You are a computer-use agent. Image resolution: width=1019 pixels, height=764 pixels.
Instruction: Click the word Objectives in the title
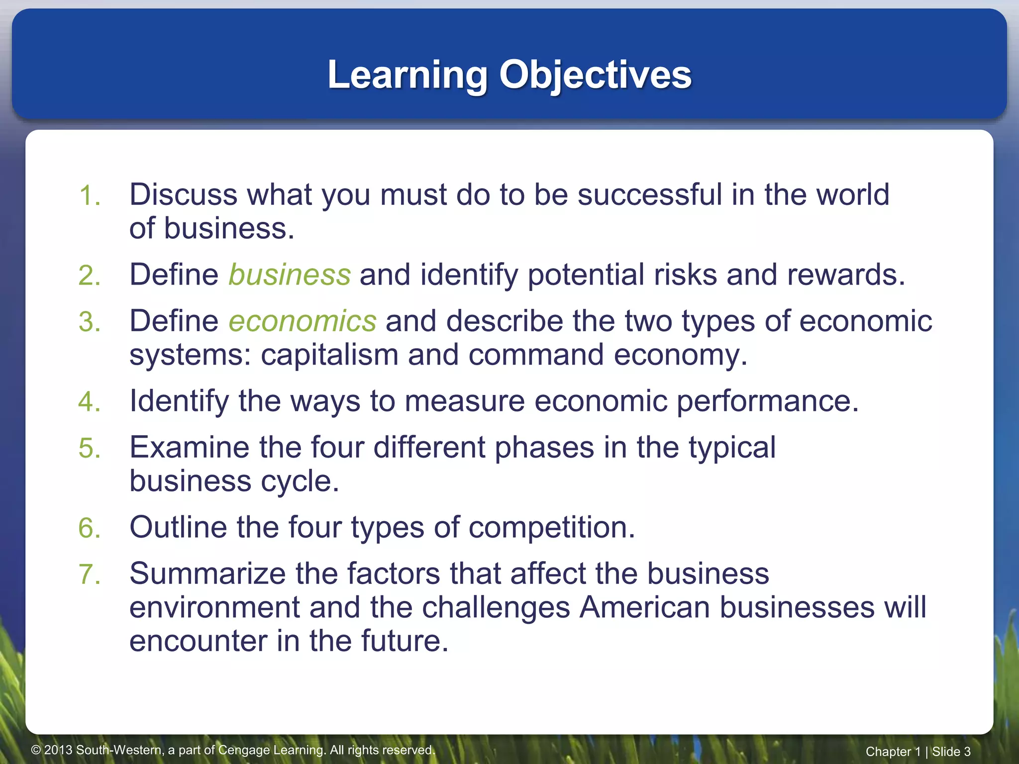pos(595,75)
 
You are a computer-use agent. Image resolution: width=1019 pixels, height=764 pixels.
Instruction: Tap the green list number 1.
pos(90,195)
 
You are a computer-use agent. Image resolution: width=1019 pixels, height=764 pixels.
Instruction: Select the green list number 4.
pos(90,402)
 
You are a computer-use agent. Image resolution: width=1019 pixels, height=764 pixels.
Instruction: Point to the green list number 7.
pos(90,574)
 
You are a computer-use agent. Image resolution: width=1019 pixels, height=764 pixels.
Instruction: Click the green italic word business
pos(290,275)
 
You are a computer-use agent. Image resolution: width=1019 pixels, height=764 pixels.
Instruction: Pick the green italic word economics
pos(302,321)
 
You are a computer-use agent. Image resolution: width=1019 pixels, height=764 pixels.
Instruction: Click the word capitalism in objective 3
pos(329,355)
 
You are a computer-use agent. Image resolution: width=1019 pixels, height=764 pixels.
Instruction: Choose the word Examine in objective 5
pos(190,447)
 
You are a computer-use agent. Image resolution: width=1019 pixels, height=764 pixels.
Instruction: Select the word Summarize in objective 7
pos(207,573)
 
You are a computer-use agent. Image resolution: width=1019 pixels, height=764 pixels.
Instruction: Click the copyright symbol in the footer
pos(36,750)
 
